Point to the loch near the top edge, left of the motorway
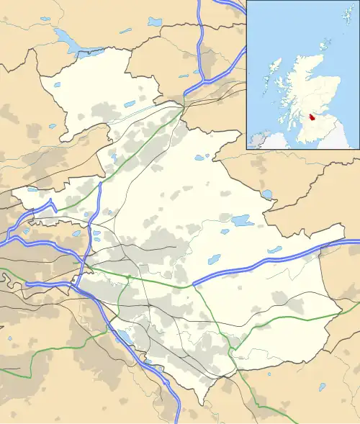[156, 22]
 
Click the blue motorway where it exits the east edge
[357, 244]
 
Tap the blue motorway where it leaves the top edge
[200, 3]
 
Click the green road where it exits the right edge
[357, 305]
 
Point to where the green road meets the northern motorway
[182, 108]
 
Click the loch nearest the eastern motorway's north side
[274, 250]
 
